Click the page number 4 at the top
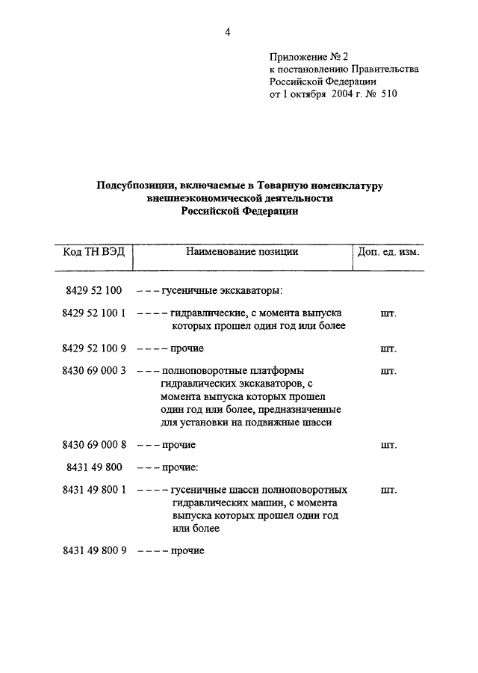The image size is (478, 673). (228, 31)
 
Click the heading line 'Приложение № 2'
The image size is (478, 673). (308, 56)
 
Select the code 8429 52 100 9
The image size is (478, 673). (94, 348)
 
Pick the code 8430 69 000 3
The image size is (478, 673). (94, 370)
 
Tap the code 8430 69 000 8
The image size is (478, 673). (94, 445)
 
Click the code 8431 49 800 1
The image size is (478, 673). (94, 490)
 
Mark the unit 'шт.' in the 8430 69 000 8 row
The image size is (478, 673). (388, 445)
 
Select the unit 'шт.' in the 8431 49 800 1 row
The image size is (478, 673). (388, 491)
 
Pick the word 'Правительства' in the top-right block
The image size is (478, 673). (387, 69)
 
